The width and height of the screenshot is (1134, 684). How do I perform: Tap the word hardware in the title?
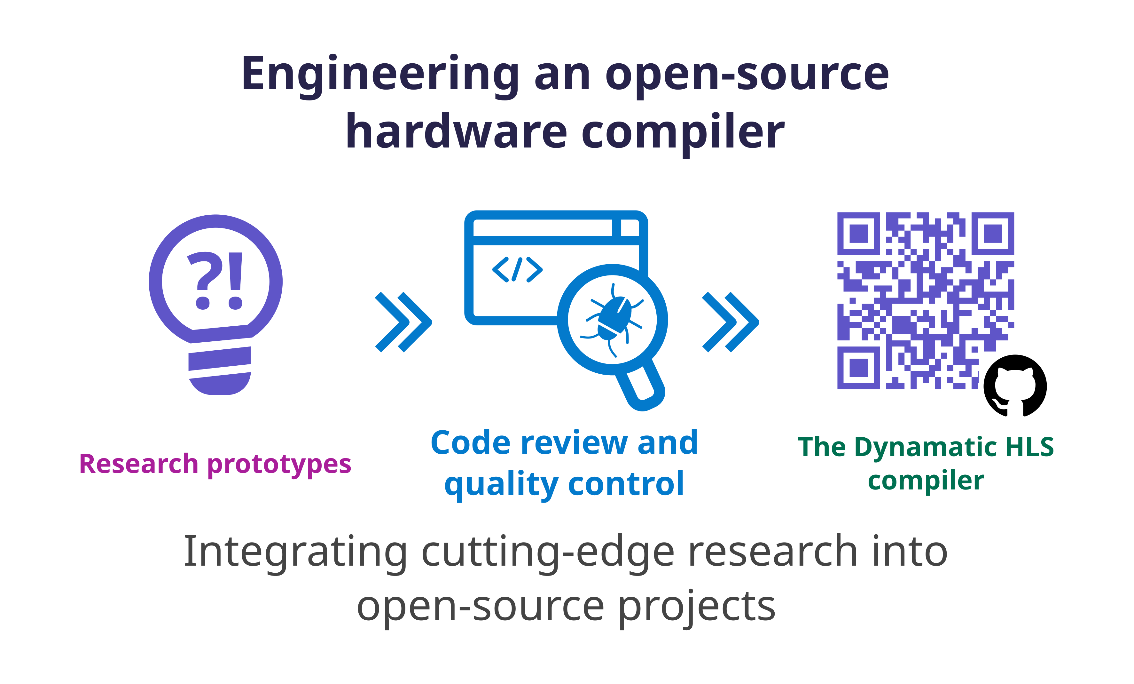(x=456, y=132)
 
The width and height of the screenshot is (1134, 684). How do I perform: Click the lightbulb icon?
(x=215, y=305)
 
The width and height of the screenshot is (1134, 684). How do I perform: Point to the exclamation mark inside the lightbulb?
(x=236, y=281)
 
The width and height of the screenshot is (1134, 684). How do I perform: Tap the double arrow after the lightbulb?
(x=403, y=322)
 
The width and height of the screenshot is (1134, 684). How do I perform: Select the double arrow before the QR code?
(x=731, y=322)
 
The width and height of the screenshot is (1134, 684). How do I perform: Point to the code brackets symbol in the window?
(x=517, y=269)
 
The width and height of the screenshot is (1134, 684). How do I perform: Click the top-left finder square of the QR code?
(x=858, y=234)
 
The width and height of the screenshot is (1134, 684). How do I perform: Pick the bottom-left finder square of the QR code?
(x=858, y=368)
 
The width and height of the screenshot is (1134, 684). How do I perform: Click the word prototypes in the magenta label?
(x=279, y=465)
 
